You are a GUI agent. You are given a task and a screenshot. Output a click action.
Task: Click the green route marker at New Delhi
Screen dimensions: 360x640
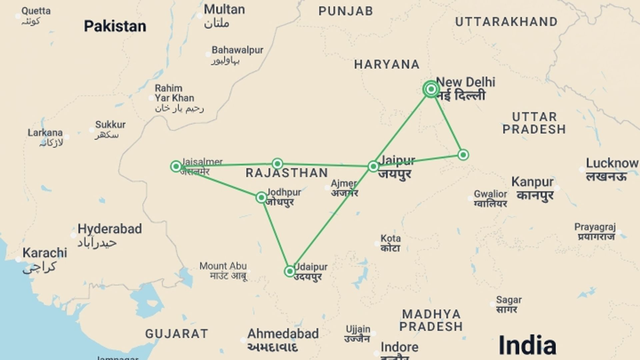pyautogui.click(x=431, y=89)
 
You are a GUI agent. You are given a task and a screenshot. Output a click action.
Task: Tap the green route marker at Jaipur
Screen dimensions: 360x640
pyautogui.click(x=373, y=166)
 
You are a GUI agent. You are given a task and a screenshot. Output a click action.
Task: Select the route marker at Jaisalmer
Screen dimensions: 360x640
pyautogui.click(x=176, y=166)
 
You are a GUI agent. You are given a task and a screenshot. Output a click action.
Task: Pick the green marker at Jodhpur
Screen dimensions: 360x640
pyautogui.click(x=261, y=198)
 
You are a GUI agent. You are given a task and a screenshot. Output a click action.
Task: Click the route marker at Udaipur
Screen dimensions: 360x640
pyautogui.click(x=290, y=271)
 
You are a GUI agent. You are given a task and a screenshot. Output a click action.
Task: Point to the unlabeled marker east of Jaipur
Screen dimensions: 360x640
pyautogui.click(x=463, y=155)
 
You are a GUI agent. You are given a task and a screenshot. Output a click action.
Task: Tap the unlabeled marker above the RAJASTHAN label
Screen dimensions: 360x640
pyautogui.click(x=277, y=164)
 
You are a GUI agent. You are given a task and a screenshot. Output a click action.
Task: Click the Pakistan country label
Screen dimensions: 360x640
pyautogui.click(x=115, y=26)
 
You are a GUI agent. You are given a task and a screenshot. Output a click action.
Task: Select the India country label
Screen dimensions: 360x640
pyautogui.click(x=527, y=345)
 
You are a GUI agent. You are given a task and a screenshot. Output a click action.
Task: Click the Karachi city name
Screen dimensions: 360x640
pyautogui.click(x=45, y=253)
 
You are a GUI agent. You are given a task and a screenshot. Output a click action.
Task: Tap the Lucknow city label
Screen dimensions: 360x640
pyautogui.click(x=612, y=163)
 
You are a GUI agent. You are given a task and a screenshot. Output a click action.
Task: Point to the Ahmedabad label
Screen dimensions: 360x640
pyautogui.click(x=283, y=334)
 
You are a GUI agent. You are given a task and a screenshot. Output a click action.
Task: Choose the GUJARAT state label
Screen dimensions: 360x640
pyautogui.click(x=177, y=334)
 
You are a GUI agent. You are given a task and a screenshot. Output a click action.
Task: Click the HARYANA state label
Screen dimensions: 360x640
pyautogui.click(x=387, y=64)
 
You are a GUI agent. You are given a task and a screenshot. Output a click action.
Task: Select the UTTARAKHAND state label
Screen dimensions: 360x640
pyautogui.click(x=506, y=22)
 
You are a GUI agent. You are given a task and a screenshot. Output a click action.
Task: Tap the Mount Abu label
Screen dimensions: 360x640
pyautogui.click(x=223, y=266)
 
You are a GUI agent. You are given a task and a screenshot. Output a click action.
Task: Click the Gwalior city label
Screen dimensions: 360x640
pyautogui.click(x=490, y=194)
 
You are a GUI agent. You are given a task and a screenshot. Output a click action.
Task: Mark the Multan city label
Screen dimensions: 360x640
pyautogui.click(x=224, y=9)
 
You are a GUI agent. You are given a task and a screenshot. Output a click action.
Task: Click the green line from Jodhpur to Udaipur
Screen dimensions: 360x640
pyautogui.click(x=276, y=235)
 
